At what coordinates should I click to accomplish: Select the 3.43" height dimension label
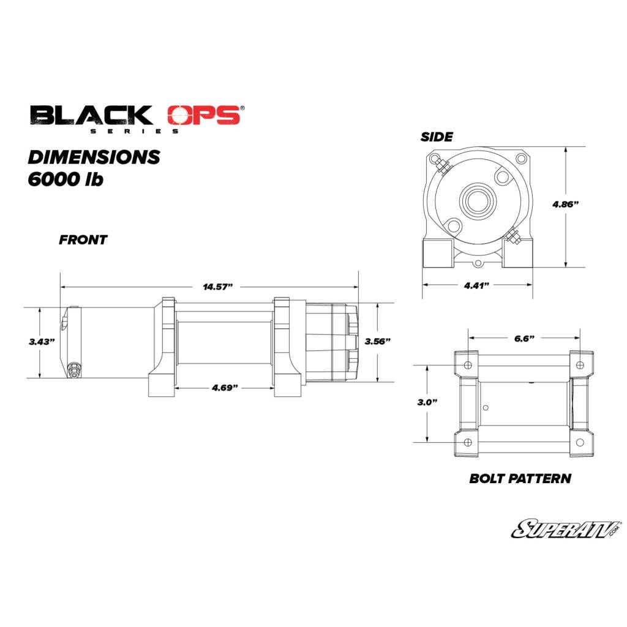click(42, 342)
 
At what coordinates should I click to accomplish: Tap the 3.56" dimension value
click(377, 342)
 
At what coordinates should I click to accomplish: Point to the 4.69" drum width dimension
click(225, 388)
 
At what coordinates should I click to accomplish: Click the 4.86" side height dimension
click(565, 205)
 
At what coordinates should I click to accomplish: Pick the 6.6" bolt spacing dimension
click(524, 337)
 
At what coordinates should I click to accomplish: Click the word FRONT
click(83, 240)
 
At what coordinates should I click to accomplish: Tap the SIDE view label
click(437, 137)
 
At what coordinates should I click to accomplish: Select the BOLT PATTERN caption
click(520, 479)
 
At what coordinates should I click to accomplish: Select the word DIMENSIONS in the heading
click(94, 157)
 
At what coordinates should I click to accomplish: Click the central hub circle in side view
click(477, 200)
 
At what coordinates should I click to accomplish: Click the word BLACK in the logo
click(92, 115)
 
